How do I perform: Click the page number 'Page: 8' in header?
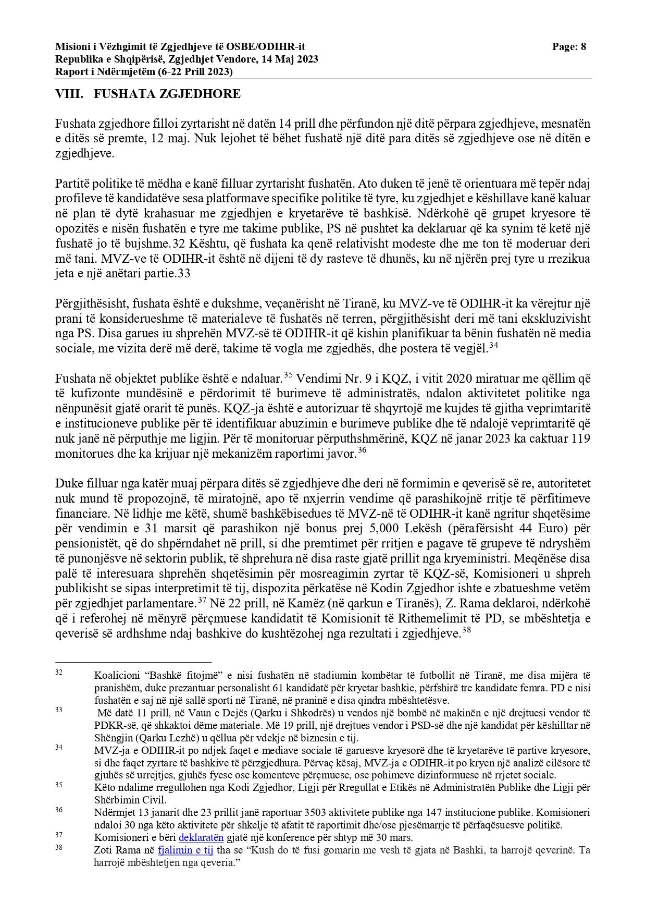point(569,47)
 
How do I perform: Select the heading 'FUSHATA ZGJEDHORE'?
point(167,94)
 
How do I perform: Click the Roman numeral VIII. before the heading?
point(69,94)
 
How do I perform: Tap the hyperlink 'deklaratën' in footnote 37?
point(201,838)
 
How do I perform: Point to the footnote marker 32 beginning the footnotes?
point(59,673)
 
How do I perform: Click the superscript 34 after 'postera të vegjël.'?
point(493,345)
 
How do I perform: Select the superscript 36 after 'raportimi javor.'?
point(362,450)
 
